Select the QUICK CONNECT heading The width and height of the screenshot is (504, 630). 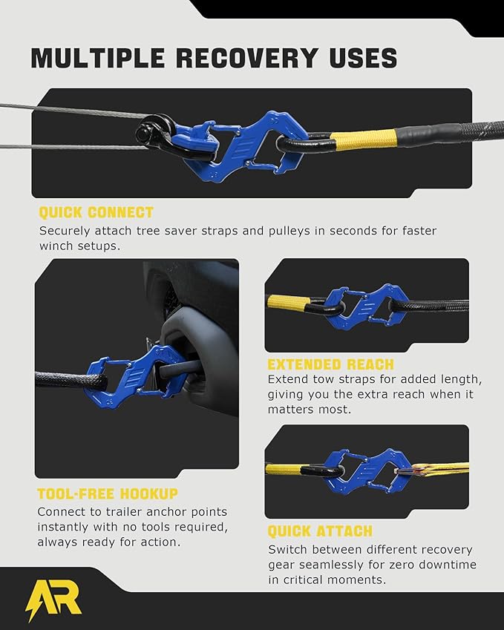tap(96, 213)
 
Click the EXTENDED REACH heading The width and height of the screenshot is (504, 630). tap(330, 364)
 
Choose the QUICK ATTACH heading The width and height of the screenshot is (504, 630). tap(320, 531)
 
